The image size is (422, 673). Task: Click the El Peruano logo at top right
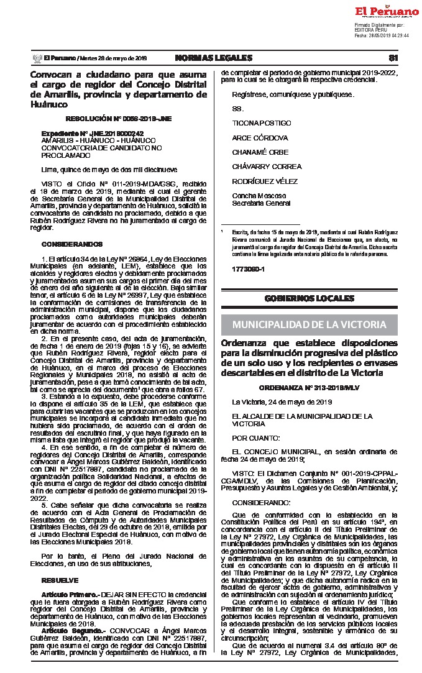pos(386,11)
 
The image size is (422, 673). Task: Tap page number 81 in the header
pos(392,58)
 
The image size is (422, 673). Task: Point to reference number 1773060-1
pos(248,269)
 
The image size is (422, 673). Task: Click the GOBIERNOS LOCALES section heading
pos(309,298)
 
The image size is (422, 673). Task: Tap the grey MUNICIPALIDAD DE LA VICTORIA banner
pos(309,324)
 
